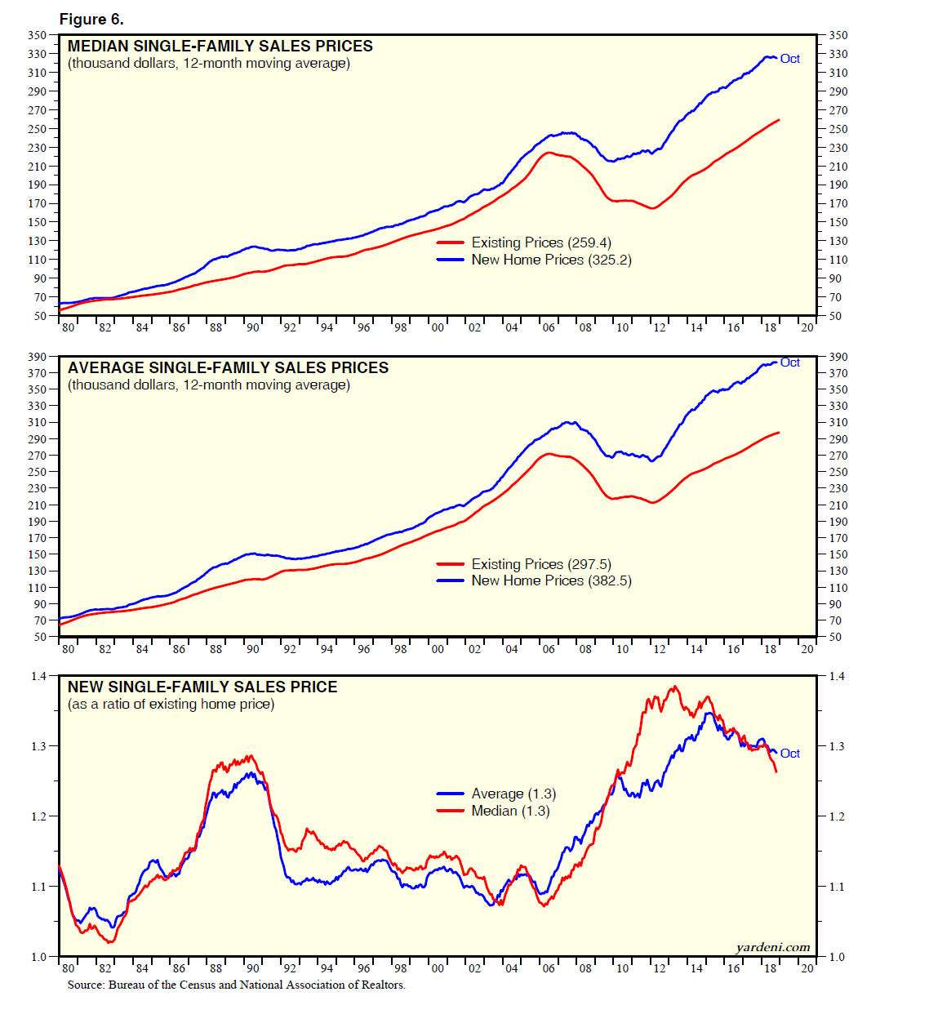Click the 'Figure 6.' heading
[x=91, y=19]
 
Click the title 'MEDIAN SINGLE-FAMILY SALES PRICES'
[x=220, y=47]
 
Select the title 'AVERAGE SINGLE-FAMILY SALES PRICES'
[x=228, y=368]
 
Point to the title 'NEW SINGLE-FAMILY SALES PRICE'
[x=202, y=687]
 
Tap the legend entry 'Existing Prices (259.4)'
[x=540, y=242]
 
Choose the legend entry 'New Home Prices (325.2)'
[x=551, y=260]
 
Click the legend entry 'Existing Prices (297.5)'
[x=540, y=564]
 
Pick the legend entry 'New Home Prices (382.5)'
[x=551, y=580]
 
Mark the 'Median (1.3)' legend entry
[x=510, y=811]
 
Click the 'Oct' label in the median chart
[x=790, y=59]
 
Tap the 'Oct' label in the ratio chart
[x=790, y=754]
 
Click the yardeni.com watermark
[x=772, y=947]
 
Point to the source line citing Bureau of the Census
[x=236, y=985]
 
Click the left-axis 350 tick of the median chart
[x=38, y=35]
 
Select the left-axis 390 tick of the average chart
[x=38, y=357]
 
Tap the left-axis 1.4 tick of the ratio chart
[x=39, y=676]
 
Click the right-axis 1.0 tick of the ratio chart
[x=837, y=957]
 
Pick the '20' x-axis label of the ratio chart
[x=807, y=968]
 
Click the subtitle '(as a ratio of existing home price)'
[x=171, y=705]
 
